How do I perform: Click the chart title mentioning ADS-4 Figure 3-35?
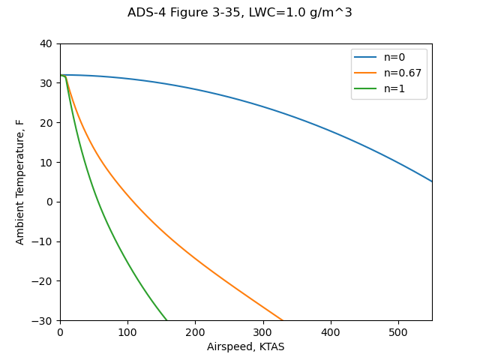(240, 13)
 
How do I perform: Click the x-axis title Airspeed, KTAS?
(246, 346)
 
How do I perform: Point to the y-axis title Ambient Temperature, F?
(20, 182)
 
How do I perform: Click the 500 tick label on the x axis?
(398, 332)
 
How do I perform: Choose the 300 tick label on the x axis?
(262, 332)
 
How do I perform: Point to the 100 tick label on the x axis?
(127, 332)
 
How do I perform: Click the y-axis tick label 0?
(50, 202)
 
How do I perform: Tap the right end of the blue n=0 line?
(431, 181)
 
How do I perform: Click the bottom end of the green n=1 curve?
(166, 320)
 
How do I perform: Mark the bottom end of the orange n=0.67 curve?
(283, 320)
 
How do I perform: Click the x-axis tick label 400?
(330, 332)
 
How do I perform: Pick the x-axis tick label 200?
(195, 332)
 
